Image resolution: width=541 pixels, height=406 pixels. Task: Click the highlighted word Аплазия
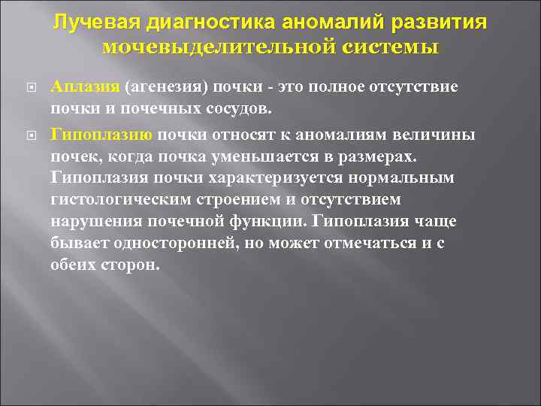(80, 86)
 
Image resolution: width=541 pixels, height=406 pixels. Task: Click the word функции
(266, 223)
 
